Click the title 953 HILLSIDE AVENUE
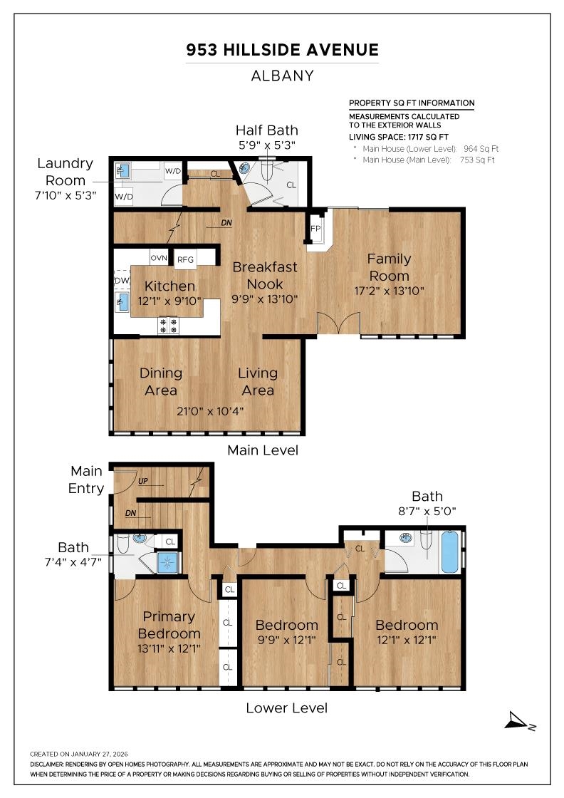tap(282, 50)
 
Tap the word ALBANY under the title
tap(282, 76)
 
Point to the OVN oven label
tap(158, 259)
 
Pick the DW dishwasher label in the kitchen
tap(120, 281)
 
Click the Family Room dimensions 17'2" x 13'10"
tap(389, 291)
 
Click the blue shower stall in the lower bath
tap(168, 562)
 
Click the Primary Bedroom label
tap(169, 625)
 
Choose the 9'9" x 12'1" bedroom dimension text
tap(287, 639)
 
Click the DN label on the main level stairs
tap(226, 223)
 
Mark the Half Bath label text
tap(266, 130)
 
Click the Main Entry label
tap(86, 480)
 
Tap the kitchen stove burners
tap(169, 326)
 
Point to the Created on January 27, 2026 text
tap(79, 753)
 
